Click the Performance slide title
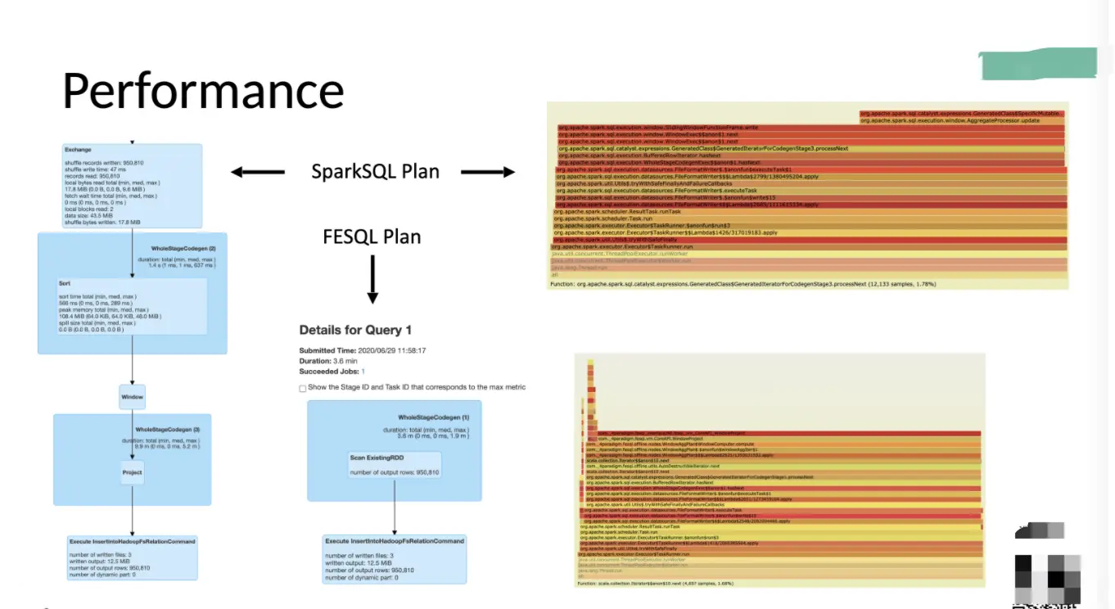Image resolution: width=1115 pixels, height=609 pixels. (203, 90)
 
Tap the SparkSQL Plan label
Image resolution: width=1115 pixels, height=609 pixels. (375, 172)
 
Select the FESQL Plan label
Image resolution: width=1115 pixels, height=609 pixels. (372, 237)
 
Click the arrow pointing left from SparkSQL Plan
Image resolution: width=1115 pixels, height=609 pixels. (257, 172)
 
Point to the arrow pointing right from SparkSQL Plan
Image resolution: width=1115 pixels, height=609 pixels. (488, 172)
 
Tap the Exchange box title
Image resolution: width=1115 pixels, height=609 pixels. (78, 150)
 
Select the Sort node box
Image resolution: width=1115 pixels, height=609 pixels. (131, 306)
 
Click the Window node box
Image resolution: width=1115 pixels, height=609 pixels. (132, 397)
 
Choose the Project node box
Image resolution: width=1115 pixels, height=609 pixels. (132, 472)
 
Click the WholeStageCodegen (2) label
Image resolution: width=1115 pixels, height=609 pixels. (183, 247)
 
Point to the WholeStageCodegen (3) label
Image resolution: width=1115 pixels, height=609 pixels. (168, 429)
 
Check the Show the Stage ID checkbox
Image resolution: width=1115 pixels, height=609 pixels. (303, 388)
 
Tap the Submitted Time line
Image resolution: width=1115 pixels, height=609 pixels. (362, 350)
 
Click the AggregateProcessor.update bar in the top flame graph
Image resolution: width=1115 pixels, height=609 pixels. (961, 120)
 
